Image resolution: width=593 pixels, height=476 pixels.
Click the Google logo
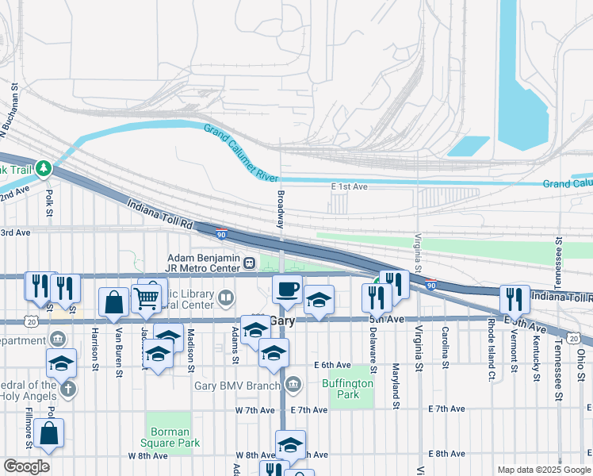[26, 466]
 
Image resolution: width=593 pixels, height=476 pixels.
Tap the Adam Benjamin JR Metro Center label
[203, 263]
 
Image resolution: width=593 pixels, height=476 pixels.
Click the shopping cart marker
[146, 297]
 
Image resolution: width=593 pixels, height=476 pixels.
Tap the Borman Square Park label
[170, 437]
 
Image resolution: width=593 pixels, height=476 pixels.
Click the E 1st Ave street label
[349, 186]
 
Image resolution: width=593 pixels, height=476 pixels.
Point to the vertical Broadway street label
[280, 209]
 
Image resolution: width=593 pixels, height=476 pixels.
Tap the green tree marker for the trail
[44, 169]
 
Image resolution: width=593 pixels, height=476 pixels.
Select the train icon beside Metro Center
[249, 263]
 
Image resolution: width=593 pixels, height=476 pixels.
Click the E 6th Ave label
[332, 365]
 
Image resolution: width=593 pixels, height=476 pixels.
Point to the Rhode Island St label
[492, 339]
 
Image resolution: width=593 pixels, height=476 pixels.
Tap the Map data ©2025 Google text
[543, 470]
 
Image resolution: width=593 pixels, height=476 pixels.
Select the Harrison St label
[94, 344]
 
